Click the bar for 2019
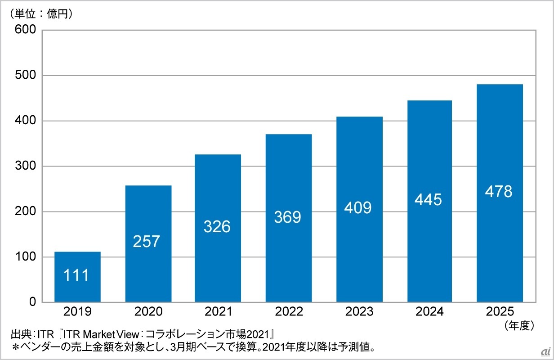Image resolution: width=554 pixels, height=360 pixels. point(77,277)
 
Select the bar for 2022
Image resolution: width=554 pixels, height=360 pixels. point(288,218)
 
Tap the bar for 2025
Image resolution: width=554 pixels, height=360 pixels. point(499,193)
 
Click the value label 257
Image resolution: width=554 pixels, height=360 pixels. point(147,241)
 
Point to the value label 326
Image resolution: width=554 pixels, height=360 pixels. point(217,226)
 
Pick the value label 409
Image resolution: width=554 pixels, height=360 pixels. point(358,208)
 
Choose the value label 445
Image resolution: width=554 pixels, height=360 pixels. point(429,199)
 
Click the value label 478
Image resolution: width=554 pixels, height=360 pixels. point(499,192)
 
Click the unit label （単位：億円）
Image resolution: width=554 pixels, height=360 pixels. point(41,13)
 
